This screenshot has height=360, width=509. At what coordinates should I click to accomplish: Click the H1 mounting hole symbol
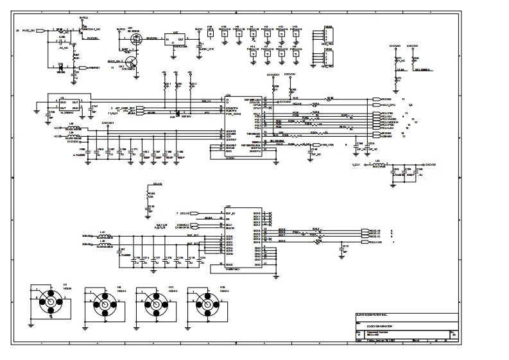click(x=49, y=302)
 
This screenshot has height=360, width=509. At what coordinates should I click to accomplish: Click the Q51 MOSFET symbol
click(x=136, y=39)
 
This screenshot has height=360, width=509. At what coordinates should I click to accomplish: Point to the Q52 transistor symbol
click(x=132, y=63)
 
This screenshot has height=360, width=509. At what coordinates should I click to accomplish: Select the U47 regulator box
click(x=175, y=39)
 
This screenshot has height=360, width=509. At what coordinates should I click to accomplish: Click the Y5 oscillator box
click(x=69, y=103)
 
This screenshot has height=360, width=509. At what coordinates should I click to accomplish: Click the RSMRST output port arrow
click(x=82, y=67)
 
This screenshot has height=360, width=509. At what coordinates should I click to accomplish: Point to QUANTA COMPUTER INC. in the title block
click(x=379, y=314)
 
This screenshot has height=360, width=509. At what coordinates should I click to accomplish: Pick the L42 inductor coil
click(x=103, y=236)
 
